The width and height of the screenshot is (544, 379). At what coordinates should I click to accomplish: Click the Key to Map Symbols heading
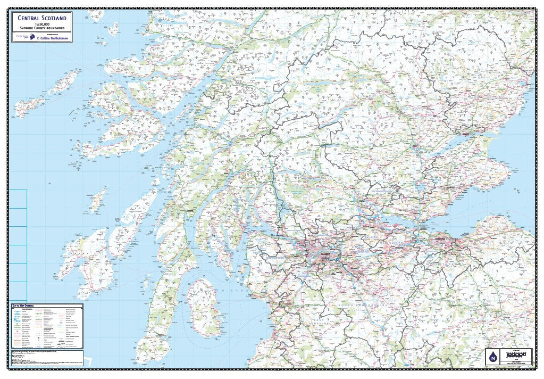[23, 306]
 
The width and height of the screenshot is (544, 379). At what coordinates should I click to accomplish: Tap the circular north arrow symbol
[492, 358]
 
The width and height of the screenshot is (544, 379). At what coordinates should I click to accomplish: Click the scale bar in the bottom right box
[519, 354]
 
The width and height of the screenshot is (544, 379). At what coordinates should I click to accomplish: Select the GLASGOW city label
[326, 254]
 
